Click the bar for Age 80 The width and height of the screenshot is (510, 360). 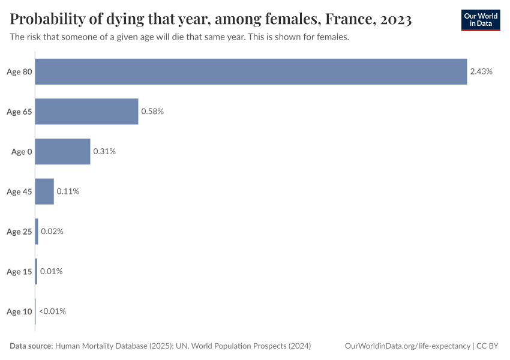251,71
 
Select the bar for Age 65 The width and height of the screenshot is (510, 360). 86,112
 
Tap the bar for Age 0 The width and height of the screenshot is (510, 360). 62,151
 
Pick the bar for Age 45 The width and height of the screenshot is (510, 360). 44,191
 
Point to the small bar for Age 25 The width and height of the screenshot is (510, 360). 37,232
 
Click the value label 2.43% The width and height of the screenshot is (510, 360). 481,71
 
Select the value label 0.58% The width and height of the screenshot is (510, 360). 152,112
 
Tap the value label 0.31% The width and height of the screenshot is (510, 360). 104,151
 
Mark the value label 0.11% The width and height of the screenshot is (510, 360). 68,191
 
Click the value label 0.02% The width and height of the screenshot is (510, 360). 52,232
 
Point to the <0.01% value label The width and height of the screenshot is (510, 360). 52,311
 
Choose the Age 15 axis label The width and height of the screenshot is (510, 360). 19,272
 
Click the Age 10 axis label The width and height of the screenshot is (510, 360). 19,311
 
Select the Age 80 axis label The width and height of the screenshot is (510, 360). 19,72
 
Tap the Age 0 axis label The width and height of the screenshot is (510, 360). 22,152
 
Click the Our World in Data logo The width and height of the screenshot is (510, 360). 481,20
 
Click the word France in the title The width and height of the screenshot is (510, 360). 347,20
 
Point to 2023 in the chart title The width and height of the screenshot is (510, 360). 395,20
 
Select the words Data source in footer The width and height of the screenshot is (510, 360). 31,346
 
